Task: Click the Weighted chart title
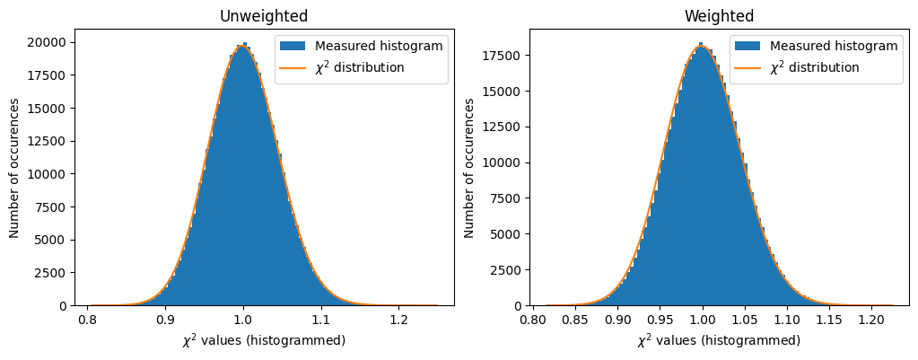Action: (719, 16)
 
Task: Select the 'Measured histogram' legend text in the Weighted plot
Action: (834, 47)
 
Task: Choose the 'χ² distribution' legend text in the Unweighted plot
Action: (359, 67)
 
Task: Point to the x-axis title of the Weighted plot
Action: (719, 341)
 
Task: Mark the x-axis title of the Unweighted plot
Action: (264, 341)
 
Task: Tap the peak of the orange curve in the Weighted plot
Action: (702, 47)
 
